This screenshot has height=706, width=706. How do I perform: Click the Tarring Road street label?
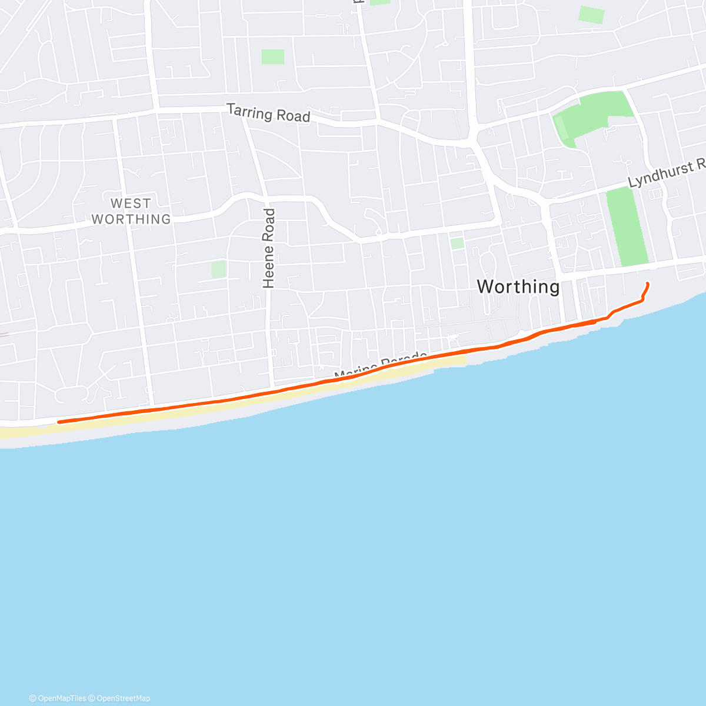[x=268, y=113]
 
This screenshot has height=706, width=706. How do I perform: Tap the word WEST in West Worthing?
[x=131, y=204]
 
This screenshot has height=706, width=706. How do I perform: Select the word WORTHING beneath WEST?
[x=131, y=219]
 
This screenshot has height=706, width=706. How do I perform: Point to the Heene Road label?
[x=269, y=248]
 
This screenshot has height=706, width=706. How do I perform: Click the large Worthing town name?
[x=518, y=287]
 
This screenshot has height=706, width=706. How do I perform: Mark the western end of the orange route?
[x=59, y=422]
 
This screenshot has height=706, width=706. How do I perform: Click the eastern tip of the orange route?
[x=648, y=284]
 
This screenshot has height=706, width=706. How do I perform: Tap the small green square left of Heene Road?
[x=219, y=269]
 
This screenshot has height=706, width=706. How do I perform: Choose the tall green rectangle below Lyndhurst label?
[x=627, y=227]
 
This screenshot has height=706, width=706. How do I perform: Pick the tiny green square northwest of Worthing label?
[x=457, y=243]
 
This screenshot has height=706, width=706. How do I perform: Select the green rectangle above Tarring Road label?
[x=273, y=57]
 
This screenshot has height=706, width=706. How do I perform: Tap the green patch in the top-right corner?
[x=591, y=15]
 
